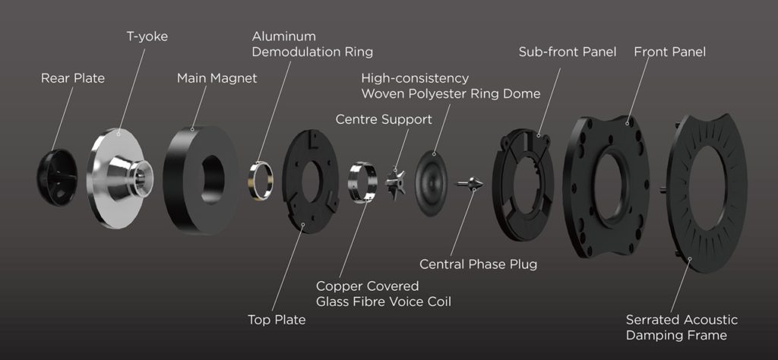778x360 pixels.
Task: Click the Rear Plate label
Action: [x=73, y=78]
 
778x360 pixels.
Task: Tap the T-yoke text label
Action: [x=147, y=36]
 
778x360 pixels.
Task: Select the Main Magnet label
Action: [x=217, y=78]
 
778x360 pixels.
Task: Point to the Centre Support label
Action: [x=384, y=119]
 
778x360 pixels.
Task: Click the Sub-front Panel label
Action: [x=568, y=52]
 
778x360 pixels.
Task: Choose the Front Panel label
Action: [x=670, y=52]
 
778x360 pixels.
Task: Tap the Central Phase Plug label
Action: [x=479, y=264]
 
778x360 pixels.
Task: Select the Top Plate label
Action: [x=277, y=320]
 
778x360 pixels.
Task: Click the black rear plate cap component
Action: [x=57, y=177]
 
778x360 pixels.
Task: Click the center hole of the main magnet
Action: [x=213, y=179]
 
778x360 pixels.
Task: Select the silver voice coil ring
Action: [x=362, y=182]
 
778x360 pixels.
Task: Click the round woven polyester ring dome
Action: [x=431, y=184]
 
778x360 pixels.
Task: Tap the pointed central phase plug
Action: [x=470, y=184]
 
